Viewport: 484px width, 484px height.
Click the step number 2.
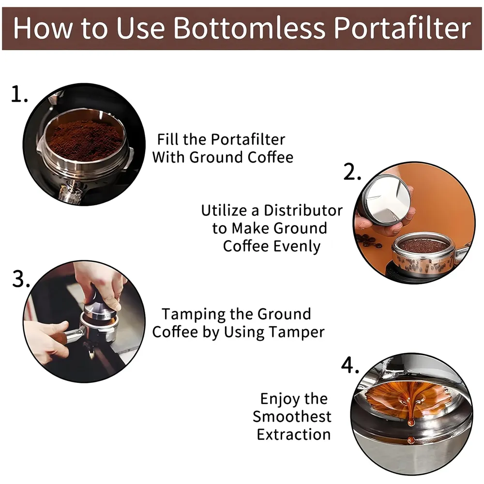point(352,172)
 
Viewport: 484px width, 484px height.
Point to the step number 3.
point(21,279)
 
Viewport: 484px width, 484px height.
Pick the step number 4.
point(350,366)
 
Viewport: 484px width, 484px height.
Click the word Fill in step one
point(168,139)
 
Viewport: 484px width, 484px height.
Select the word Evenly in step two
point(297,246)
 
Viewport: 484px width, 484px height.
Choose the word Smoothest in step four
point(292,416)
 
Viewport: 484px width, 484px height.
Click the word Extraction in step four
point(294,434)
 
